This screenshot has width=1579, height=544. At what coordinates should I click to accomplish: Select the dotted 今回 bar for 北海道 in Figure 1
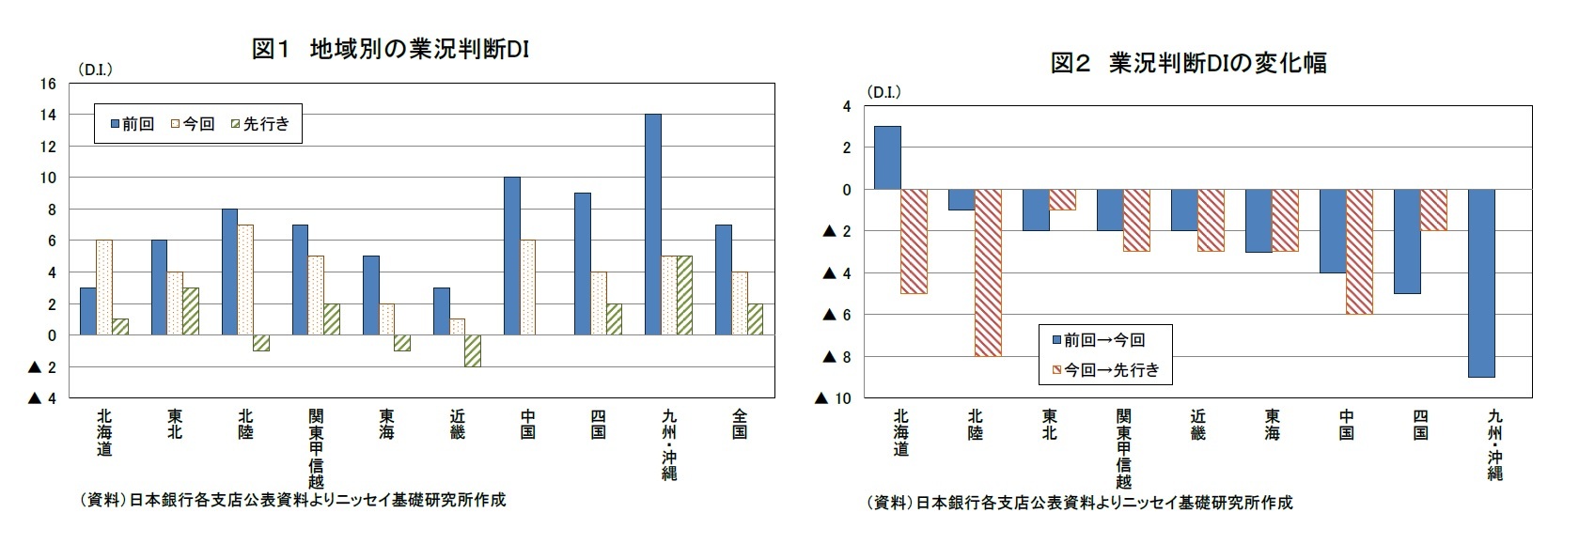104,288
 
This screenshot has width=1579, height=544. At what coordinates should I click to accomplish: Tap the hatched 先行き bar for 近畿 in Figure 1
473,350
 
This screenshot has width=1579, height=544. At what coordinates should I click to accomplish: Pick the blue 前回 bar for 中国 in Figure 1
512,256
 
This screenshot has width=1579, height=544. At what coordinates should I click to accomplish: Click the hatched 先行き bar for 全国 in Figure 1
755,319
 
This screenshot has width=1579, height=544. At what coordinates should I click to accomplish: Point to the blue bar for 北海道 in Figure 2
887,158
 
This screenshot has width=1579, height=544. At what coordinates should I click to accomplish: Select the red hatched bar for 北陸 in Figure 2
988,272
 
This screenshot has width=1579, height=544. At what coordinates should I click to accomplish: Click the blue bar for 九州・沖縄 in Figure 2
1481,283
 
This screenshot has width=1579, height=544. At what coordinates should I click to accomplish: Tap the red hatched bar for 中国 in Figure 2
1359,252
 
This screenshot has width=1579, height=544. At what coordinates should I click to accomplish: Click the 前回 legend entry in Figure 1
132,124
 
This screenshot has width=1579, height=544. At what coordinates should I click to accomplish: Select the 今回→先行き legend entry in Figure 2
1104,370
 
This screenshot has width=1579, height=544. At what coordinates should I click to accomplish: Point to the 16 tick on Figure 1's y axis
49,85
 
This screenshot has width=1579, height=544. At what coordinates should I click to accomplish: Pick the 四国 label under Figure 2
1420,425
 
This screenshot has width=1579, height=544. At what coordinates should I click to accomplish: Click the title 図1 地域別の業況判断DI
390,49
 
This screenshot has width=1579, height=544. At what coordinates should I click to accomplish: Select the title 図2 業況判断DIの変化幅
1188,63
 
